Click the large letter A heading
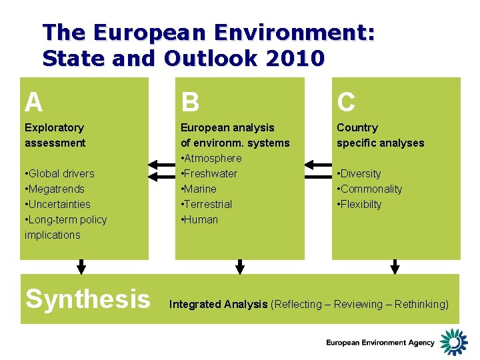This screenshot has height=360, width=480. click(33, 102)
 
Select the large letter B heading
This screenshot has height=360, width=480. click(190, 102)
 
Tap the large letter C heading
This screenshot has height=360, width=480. click(346, 102)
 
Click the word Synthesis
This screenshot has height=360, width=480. click(87, 299)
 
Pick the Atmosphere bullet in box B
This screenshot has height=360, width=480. click(211, 158)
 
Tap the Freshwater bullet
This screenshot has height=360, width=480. click(209, 173)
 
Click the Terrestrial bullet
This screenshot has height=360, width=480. click(207, 204)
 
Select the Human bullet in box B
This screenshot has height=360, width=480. click(199, 219)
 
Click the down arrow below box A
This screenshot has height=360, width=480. click(81, 267)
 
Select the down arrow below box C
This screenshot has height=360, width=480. click(395, 267)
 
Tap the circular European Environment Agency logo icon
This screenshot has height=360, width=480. click(453, 341)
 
